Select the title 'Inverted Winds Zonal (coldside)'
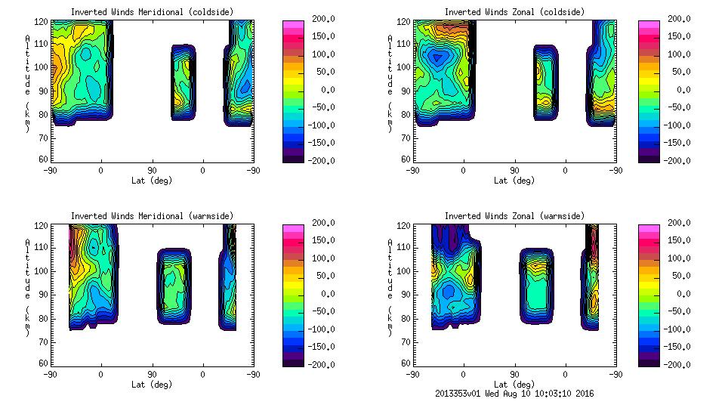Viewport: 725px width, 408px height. click(x=514, y=11)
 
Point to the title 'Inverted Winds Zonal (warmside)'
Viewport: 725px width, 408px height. click(x=514, y=215)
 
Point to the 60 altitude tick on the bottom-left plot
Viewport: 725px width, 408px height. click(x=44, y=363)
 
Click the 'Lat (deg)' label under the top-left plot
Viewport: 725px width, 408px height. click(x=151, y=181)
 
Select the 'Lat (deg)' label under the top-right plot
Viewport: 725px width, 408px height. click(x=514, y=181)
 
